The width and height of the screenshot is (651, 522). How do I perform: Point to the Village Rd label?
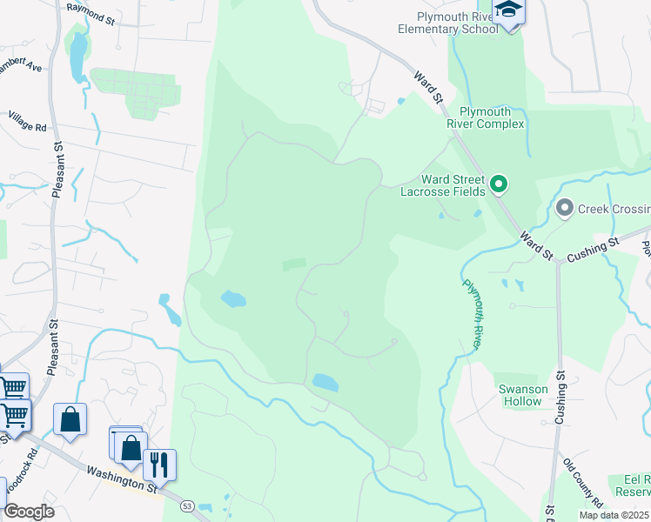[27, 121]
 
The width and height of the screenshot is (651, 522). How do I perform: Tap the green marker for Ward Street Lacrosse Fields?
[499, 184]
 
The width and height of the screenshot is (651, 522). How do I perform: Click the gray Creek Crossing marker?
[565, 208]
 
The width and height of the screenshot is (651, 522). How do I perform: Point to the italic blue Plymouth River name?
[472, 314]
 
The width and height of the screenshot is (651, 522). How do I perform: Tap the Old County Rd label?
[582, 482]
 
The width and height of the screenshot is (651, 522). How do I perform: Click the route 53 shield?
[186, 505]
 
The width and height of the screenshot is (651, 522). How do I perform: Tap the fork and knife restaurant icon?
[158, 465]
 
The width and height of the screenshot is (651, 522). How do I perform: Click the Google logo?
[29, 512]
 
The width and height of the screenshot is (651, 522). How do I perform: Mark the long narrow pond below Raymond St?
[78, 56]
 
